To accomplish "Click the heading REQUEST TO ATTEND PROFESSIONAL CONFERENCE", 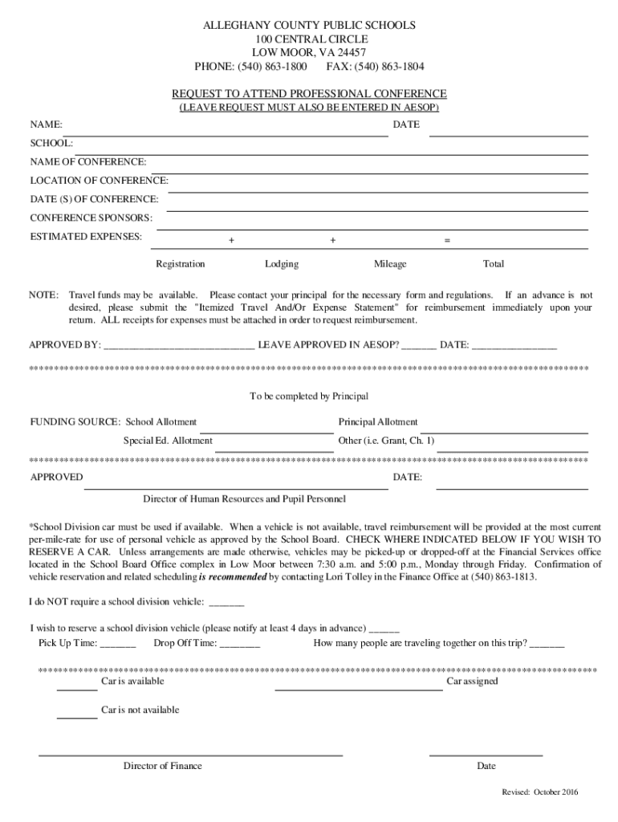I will point(309,93).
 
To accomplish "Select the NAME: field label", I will point(47,125).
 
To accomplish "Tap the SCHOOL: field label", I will point(52,143).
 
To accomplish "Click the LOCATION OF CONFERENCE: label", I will point(99,181).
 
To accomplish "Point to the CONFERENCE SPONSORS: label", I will point(91,218).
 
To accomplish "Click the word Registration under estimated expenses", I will point(180,264).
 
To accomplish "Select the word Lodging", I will point(281,264).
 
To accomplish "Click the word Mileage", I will point(390,264).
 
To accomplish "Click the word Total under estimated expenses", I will point(493,264).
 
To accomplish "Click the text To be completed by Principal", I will point(309,397).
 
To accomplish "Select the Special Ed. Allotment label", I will point(167,441).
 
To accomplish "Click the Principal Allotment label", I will point(377,422).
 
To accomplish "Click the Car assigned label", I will point(472,682).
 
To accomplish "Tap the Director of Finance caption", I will point(162,766).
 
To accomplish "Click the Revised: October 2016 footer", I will point(539,792).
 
